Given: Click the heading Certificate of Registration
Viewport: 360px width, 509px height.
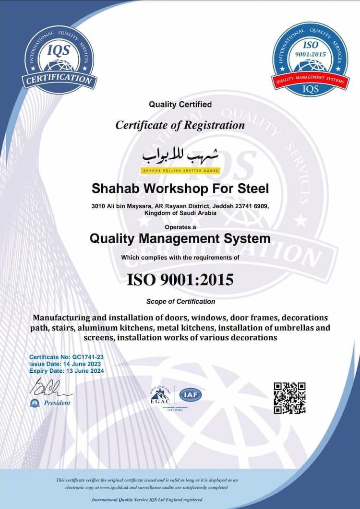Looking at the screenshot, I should click(x=180, y=125).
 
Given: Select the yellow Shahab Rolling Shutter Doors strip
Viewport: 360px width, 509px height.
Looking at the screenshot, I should click(x=180, y=170).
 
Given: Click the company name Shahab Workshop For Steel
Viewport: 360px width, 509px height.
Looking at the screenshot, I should click(x=180, y=188).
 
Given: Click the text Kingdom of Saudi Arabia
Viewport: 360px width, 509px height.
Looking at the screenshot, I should click(x=180, y=213).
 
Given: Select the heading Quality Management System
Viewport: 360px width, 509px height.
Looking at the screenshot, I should click(x=180, y=238).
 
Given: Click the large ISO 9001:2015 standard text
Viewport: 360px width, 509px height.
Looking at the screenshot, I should click(x=180, y=279).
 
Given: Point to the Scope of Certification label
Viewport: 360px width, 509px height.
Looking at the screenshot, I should click(x=180, y=302).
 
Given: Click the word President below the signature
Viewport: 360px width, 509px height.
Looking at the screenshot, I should click(x=57, y=403).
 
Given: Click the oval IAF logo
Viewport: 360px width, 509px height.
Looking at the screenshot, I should click(x=191, y=395).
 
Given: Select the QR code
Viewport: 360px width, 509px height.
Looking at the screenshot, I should click(x=289, y=398).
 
